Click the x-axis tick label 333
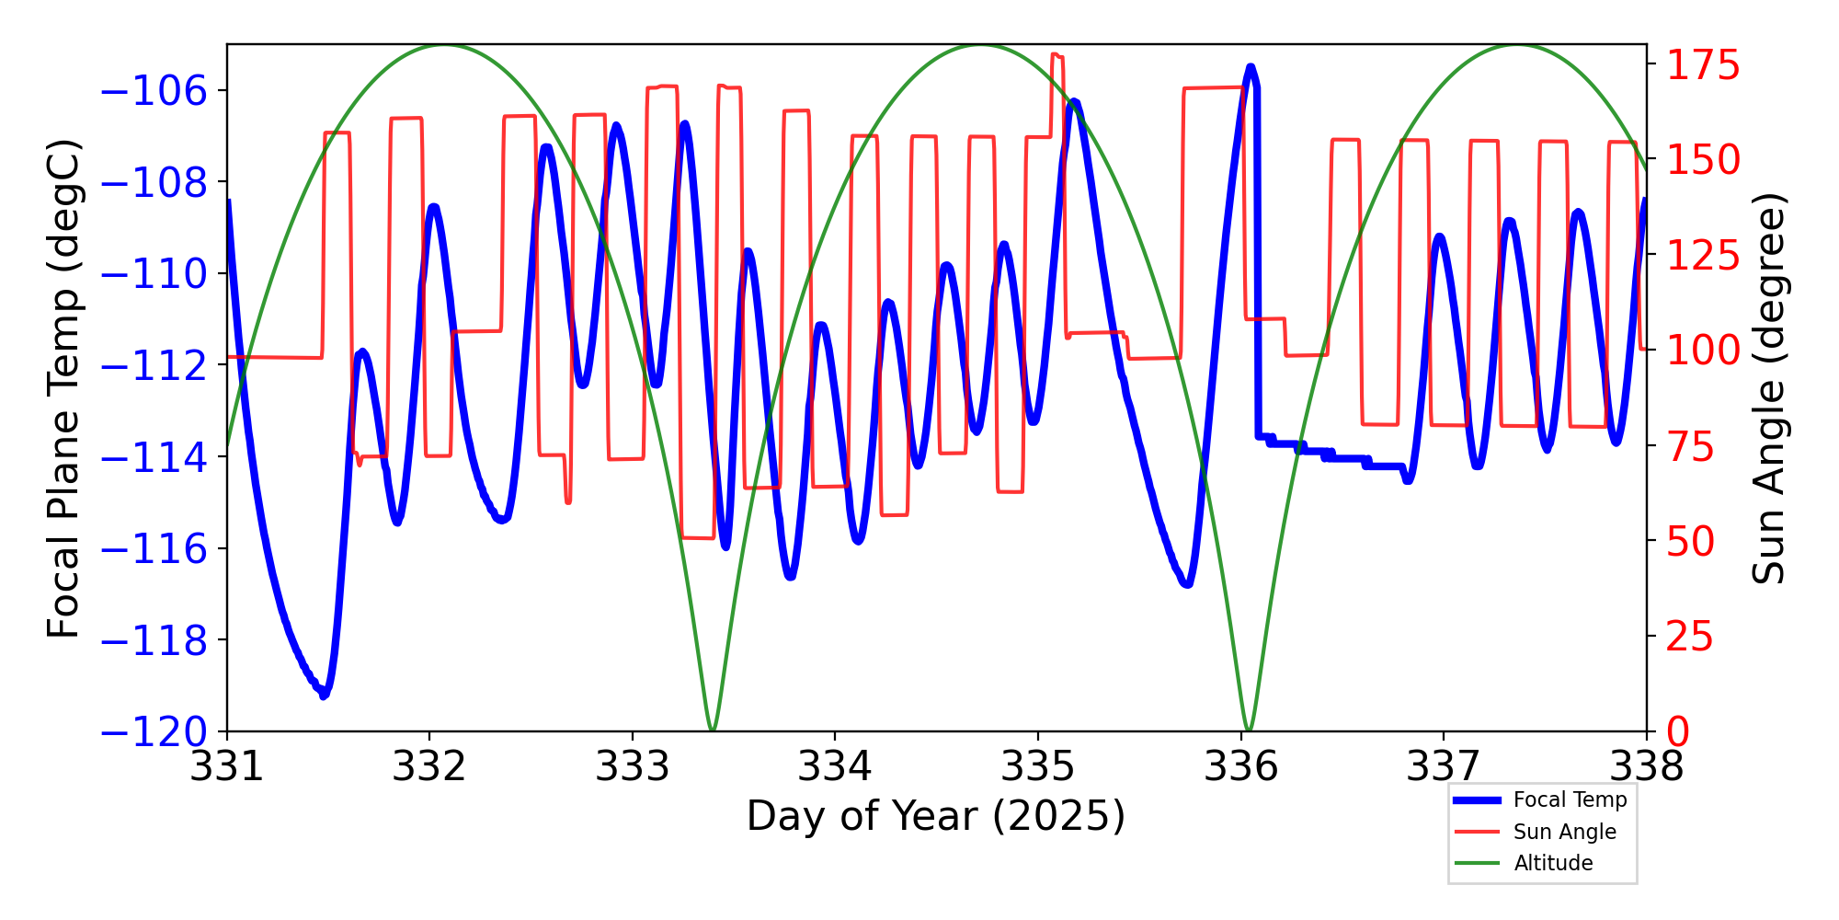(633, 766)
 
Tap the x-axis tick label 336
(1241, 766)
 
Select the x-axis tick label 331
(226, 766)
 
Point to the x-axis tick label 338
(1646, 766)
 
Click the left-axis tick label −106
(154, 91)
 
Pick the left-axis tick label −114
(154, 457)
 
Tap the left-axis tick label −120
(154, 732)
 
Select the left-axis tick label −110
(154, 274)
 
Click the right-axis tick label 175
(1704, 66)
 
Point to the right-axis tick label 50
(1691, 542)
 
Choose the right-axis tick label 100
(1704, 351)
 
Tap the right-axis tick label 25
(1691, 637)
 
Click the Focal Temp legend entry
(1570, 800)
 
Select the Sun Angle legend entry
(1564, 832)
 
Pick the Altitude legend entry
(1553, 863)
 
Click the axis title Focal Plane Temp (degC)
(64, 388)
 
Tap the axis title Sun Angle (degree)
(1767, 388)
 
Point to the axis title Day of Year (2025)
(936, 816)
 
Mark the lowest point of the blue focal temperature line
(323, 696)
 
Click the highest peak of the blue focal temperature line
(1251, 67)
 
